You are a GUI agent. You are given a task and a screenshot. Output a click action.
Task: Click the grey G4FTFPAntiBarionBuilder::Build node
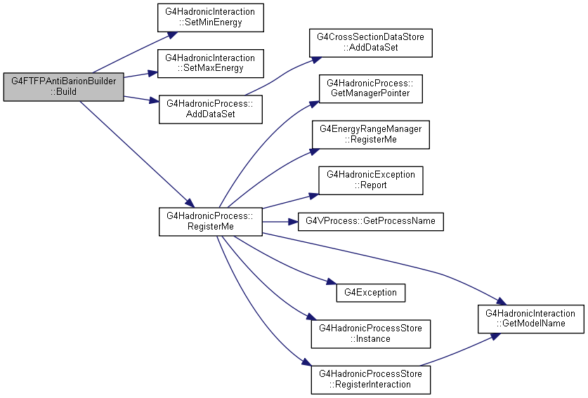pyautogui.click(x=63, y=86)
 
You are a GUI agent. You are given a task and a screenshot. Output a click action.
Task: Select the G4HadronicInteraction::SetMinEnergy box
pyautogui.click(x=210, y=18)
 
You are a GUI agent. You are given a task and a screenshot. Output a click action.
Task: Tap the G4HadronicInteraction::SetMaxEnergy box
pyautogui.click(x=210, y=63)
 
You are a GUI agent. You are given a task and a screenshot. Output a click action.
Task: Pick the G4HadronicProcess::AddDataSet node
pyautogui.click(x=210, y=109)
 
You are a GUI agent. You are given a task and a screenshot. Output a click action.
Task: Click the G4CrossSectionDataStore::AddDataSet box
pyautogui.click(x=370, y=43)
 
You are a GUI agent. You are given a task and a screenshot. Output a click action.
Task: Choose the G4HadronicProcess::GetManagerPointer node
pyautogui.click(x=370, y=88)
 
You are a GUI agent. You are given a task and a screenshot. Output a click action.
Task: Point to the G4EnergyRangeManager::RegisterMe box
pyautogui.click(x=370, y=135)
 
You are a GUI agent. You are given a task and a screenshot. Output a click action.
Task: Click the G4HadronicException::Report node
pyautogui.click(x=370, y=180)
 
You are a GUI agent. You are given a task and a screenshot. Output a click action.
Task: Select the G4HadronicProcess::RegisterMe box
pyautogui.click(x=210, y=222)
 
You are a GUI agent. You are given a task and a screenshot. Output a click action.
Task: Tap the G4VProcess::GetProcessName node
pyautogui.click(x=370, y=222)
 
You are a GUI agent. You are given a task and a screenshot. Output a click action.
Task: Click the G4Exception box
pyautogui.click(x=370, y=293)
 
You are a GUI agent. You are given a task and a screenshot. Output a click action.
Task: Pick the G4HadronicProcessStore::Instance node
pyautogui.click(x=370, y=334)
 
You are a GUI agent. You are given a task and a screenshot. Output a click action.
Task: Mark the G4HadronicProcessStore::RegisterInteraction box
pyautogui.click(x=370, y=380)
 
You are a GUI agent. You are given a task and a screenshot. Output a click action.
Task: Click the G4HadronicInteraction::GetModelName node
pyautogui.click(x=530, y=319)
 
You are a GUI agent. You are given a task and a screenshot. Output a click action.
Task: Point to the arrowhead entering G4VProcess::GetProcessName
pyautogui.click(x=293, y=222)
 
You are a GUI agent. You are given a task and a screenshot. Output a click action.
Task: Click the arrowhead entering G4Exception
pyautogui.click(x=331, y=281)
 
